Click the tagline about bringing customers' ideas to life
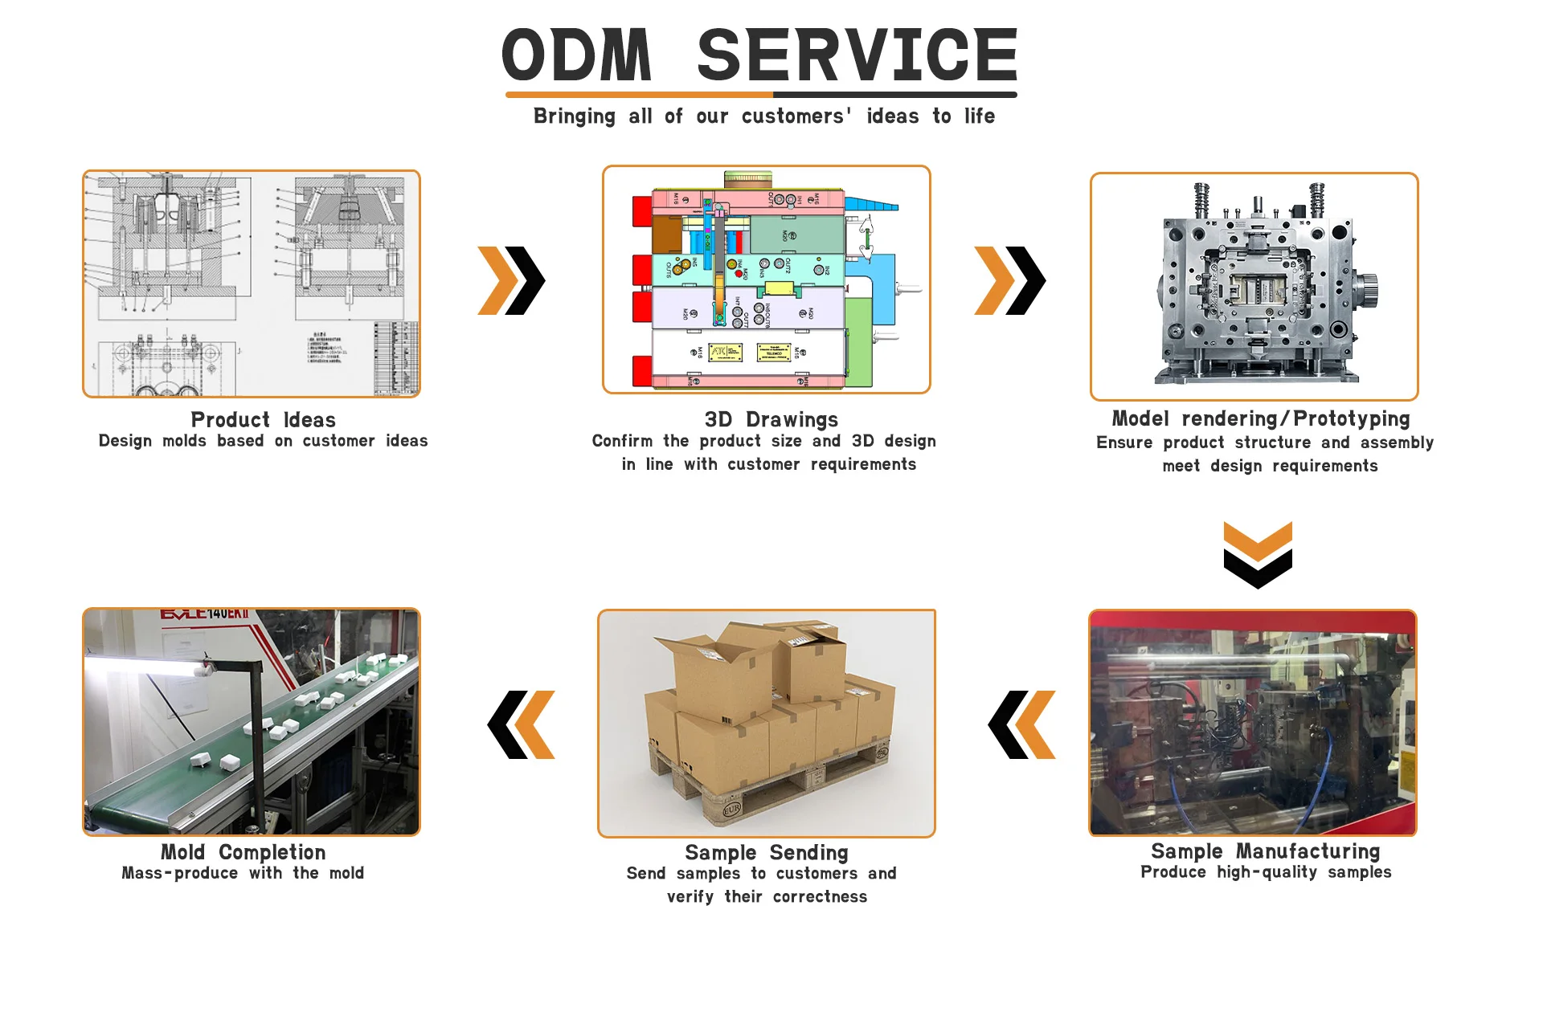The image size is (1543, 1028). coord(763,116)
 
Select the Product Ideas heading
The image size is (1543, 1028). coord(263,420)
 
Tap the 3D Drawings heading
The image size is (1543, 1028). coord(771,420)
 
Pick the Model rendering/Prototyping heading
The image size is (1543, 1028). coord(1260,419)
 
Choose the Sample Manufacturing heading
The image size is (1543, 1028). coord(1265,851)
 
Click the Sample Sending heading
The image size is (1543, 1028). coord(766,853)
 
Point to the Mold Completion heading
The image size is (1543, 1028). coord(243,852)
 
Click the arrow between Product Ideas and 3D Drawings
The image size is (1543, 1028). coord(512,280)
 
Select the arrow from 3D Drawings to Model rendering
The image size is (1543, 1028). coord(1009,280)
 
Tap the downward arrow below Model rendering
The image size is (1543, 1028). coord(1258,555)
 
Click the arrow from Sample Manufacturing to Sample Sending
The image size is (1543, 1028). coord(1021,724)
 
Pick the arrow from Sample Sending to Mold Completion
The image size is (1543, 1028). coord(521,724)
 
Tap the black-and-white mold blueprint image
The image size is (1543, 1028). coord(252,284)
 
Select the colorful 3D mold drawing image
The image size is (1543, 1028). coord(766,279)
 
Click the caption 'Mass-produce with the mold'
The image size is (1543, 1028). coord(243,874)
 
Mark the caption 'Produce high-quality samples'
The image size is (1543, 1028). coord(1265,873)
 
